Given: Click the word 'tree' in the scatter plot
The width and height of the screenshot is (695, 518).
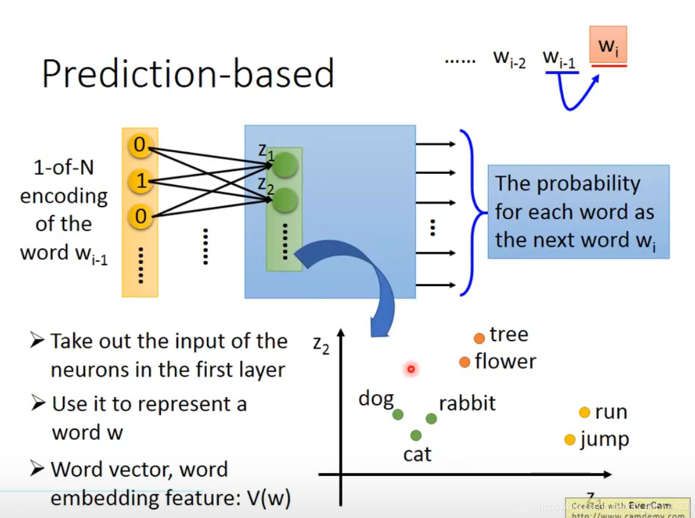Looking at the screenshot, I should pyautogui.click(x=509, y=334).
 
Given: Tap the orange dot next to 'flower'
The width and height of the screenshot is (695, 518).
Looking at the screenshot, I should pyautogui.click(x=465, y=362).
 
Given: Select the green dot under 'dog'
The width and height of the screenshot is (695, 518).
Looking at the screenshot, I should pyautogui.click(x=397, y=415).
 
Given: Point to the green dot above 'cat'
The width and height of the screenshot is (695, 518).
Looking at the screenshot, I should pyautogui.click(x=416, y=435).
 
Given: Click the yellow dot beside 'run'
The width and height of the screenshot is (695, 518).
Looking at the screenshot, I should pyautogui.click(x=584, y=413).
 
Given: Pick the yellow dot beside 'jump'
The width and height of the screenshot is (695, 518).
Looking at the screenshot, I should pyautogui.click(x=570, y=440).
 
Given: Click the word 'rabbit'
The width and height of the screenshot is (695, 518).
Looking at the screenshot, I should pyautogui.click(x=467, y=403).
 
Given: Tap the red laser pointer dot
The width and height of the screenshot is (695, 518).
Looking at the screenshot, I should pyautogui.click(x=410, y=369).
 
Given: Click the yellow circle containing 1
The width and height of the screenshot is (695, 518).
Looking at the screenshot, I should pyautogui.click(x=140, y=181).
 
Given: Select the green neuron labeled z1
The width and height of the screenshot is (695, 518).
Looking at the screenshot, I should pyautogui.click(x=285, y=165).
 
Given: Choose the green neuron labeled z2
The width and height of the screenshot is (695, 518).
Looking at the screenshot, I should pyautogui.click(x=285, y=200).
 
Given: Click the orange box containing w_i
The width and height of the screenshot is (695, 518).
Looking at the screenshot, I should pyautogui.click(x=608, y=46).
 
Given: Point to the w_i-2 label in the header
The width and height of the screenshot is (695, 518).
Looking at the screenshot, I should pyautogui.click(x=509, y=59).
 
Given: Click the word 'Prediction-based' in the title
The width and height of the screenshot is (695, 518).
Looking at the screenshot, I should pyautogui.click(x=188, y=73).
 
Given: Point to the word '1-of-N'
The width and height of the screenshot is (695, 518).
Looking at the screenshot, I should pyautogui.click(x=63, y=168).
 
